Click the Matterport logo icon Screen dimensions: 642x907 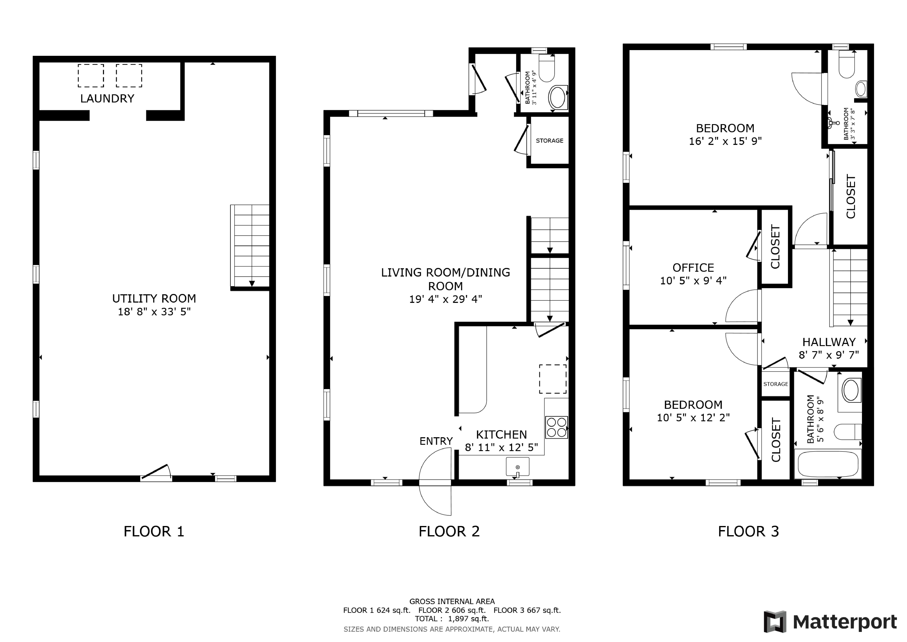pyautogui.click(x=775, y=622)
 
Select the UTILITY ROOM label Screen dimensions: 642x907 pyautogui.click(x=154, y=299)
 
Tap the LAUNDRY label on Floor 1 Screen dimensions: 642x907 pyautogui.click(x=107, y=98)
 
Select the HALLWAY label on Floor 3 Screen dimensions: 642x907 pyautogui.click(x=829, y=342)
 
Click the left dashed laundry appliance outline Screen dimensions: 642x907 pyautogui.click(x=91, y=76)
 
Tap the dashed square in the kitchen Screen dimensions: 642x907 pyautogui.click(x=553, y=379)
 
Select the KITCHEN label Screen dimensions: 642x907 pyautogui.click(x=501, y=435)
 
